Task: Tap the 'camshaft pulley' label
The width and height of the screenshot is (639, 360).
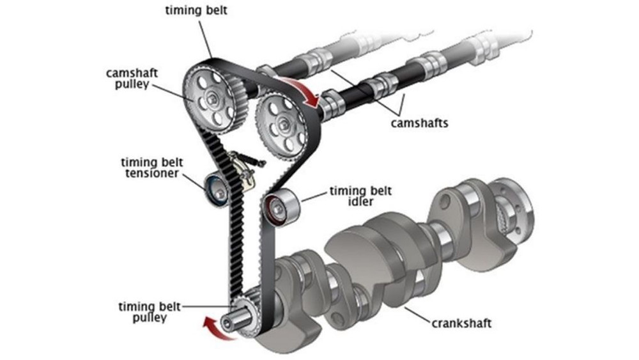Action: pyautogui.click(x=127, y=79)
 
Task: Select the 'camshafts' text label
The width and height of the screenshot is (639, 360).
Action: pyautogui.click(x=419, y=123)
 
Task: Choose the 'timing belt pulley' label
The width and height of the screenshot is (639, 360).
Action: pyautogui.click(x=148, y=312)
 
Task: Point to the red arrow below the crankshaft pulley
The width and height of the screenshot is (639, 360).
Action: pyautogui.click(x=213, y=327)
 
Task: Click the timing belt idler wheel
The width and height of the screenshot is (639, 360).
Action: pyautogui.click(x=279, y=206)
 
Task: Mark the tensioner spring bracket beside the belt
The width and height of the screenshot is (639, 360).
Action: pyautogui.click(x=242, y=169)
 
